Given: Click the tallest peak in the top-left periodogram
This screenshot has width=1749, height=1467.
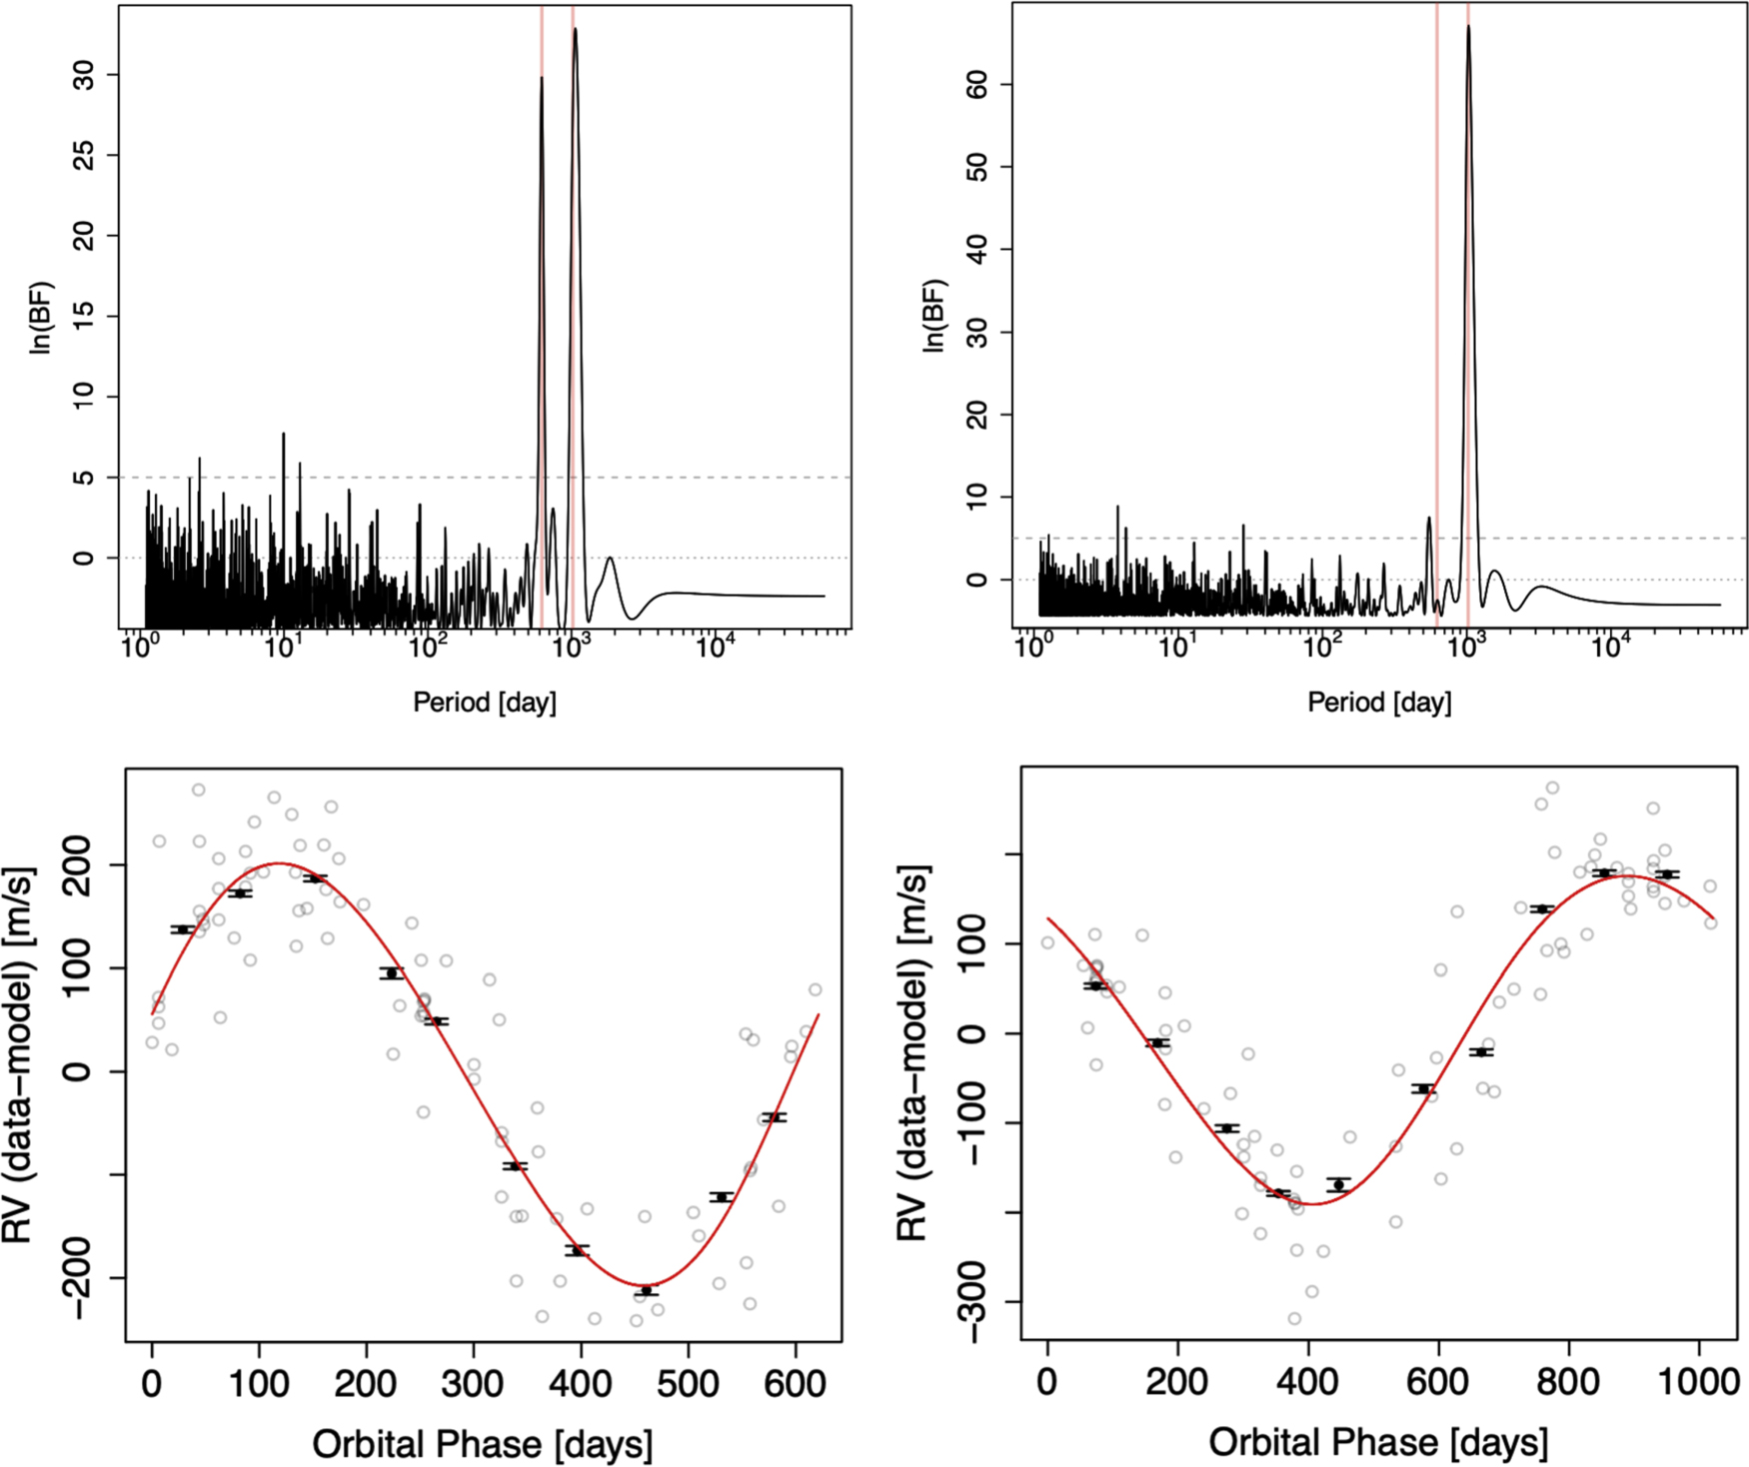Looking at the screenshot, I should click(x=575, y=30).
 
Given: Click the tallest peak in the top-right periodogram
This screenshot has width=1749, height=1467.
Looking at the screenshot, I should click(x=1468, y=27).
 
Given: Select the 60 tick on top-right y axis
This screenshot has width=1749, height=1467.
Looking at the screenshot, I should click(x=977, y=85).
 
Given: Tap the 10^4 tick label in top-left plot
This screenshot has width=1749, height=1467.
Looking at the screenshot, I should click(x=715, y=647).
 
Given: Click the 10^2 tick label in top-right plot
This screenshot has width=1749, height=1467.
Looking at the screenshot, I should click(x=1321, y=647).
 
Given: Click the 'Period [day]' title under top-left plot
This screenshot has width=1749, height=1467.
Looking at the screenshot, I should click(x=485, y=702).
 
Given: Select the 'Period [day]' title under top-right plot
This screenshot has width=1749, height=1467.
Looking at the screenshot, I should click(x=1379, y=702).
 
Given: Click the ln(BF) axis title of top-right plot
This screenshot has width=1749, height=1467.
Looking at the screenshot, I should click(x=933, y=316).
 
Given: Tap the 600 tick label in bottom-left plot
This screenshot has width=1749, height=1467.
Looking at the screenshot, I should click(x=795, y=1384).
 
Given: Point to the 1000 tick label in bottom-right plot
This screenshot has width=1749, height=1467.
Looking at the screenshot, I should click(x=1698, y=1382).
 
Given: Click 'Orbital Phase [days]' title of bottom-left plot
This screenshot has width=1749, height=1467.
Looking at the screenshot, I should click(x=483, y=1443).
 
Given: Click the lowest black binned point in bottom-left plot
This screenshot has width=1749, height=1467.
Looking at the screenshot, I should click(x=647, y=1291).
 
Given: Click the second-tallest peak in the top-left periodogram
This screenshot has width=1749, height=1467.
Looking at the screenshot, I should click(x=542, y=79).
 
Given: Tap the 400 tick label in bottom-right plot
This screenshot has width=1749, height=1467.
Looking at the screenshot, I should click(x=1307, y=1382).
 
